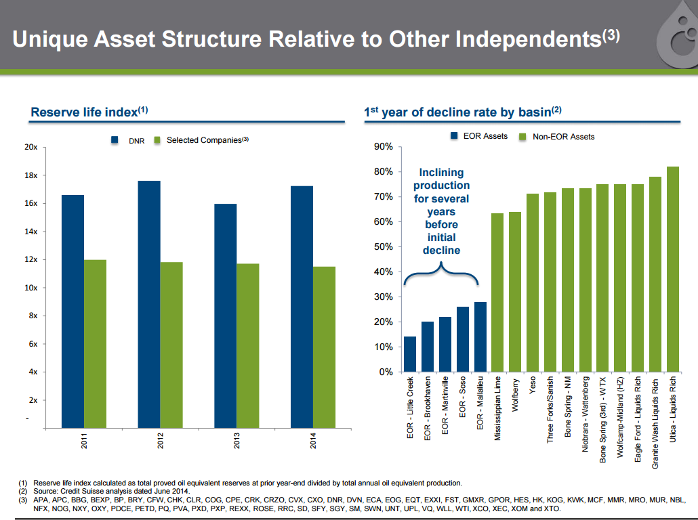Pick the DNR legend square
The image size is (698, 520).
click(x=116, y=140)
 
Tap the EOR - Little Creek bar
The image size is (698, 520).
click(x=410, y=354)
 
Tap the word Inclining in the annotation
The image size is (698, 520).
click(x=441, y=173)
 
